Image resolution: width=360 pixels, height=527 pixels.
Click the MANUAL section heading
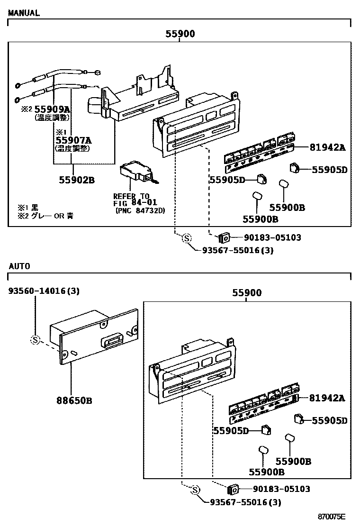click(24, 13)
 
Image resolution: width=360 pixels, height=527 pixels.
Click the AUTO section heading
click(19, 266)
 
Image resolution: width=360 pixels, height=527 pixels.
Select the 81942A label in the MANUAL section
click(328, 148)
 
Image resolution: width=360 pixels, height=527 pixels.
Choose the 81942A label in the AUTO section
click(328, 398)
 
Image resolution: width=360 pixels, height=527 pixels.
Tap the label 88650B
click(75, 400)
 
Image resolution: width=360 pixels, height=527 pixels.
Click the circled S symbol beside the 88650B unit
click(35, 339)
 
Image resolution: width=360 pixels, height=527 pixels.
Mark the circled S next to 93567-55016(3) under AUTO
click(195, 491)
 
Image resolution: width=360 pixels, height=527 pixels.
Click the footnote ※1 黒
click(28, 208)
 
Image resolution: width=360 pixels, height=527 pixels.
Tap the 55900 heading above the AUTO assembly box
click(246, 293)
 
